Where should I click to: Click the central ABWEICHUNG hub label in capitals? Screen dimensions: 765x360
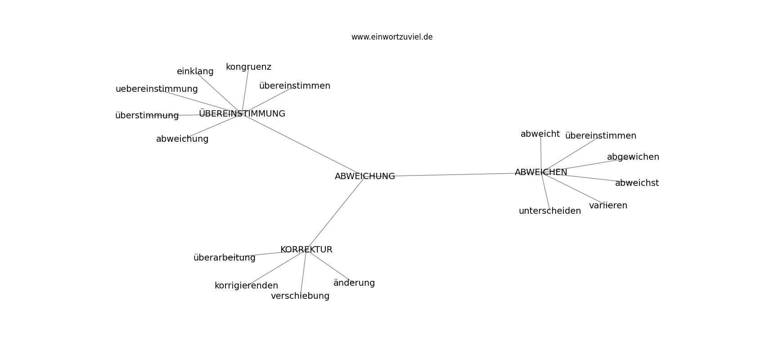tap(365, 176)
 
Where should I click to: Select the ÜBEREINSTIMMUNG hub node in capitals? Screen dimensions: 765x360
tap(242, 113)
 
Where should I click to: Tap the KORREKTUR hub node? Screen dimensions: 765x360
tap(306, 250)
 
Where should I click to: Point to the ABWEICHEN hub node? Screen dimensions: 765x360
tap(541, 172)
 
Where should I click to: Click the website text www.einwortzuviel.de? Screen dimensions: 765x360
tap(392, 37)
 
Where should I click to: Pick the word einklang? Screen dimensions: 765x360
tap(195, 72)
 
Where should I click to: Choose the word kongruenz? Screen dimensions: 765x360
tap(248, 67)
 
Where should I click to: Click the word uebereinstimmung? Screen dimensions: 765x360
tap(157, 89)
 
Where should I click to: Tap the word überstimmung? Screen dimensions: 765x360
tap(147, 116)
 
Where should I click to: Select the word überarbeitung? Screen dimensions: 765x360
tap(225, 258)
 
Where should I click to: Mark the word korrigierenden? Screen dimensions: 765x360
tap(246, 286)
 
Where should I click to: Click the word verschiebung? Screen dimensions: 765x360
tap(300, 296)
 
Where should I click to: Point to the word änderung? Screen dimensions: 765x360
tap(354, 283)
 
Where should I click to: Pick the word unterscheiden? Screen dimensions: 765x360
tap(550, 211)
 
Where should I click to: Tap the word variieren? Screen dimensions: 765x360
tap(608, 206)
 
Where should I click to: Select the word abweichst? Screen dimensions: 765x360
tap(637, 183)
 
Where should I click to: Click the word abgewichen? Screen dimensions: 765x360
tap(633, 157)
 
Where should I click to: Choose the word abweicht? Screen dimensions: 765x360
tap(540, 134)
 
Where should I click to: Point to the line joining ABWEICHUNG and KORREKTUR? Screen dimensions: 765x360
tap(335, 213)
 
